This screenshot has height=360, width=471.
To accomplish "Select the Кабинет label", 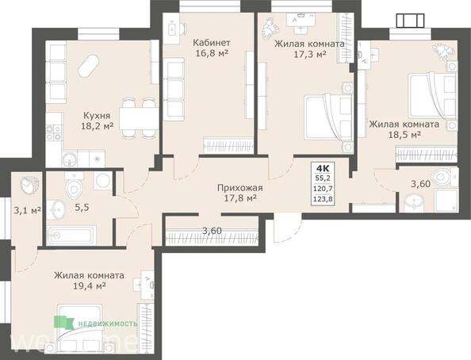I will coord(210,43).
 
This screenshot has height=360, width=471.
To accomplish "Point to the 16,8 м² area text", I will coord(210,56).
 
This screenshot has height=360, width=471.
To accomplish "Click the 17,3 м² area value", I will coord(308,56).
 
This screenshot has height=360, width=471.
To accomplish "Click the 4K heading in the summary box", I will coord(324,167).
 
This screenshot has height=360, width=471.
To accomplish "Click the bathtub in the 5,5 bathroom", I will coord(71,236).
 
